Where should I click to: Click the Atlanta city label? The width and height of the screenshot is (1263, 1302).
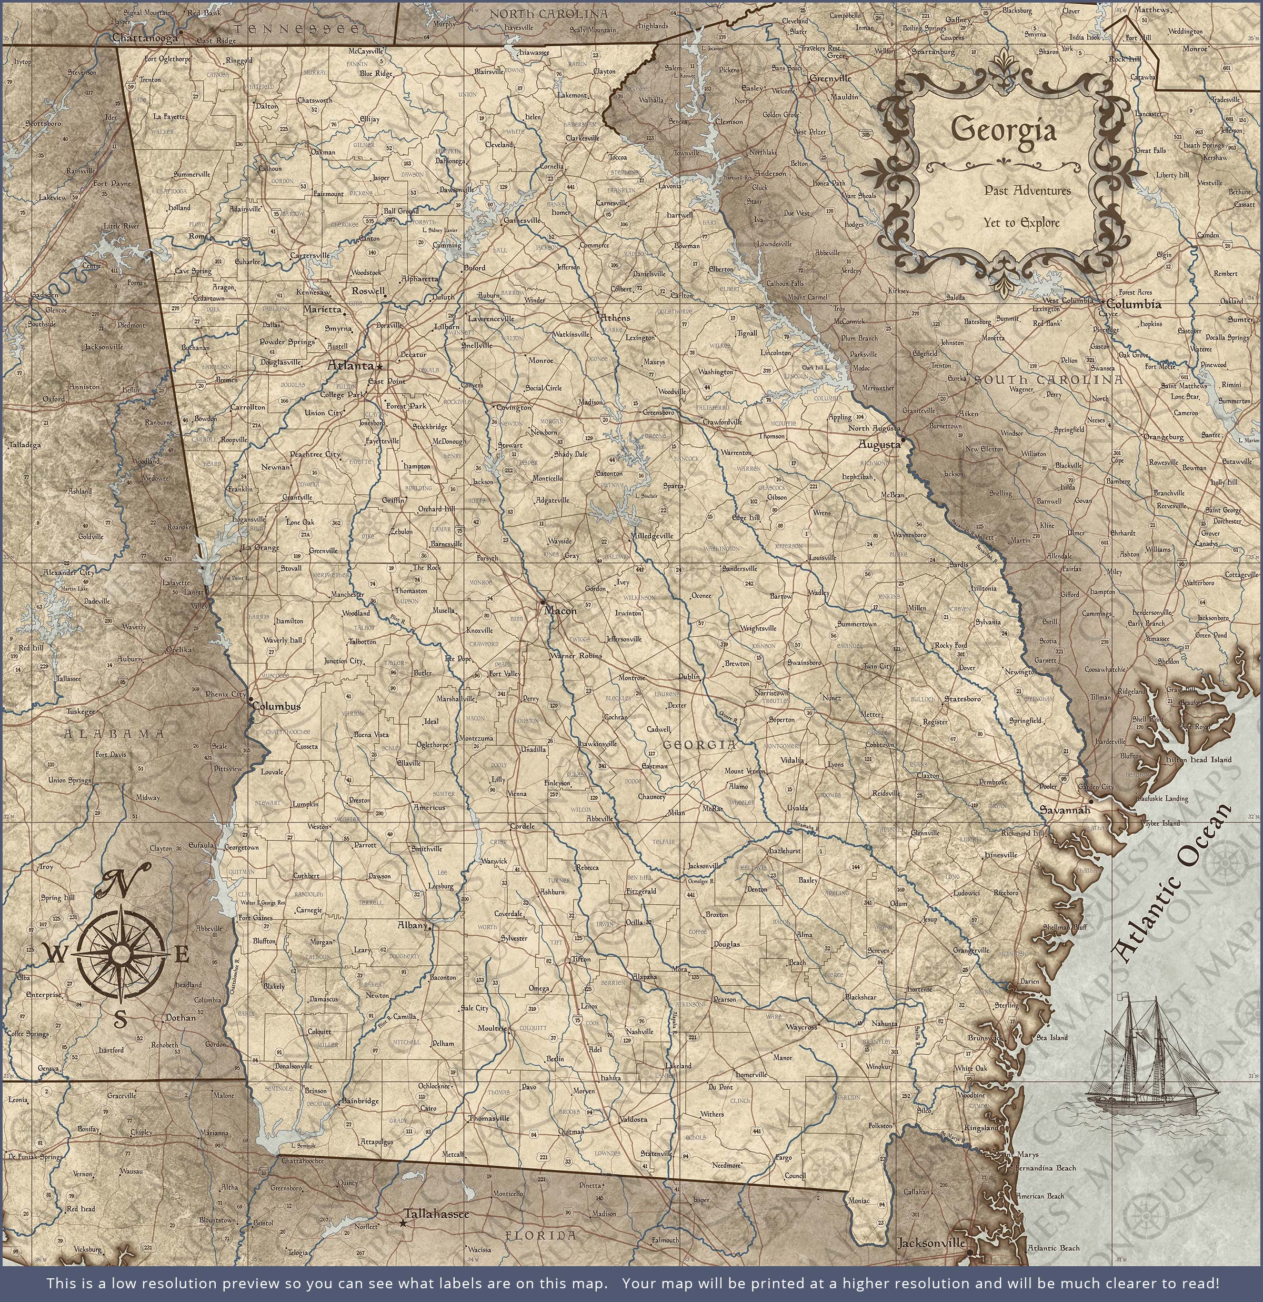pyautogui.click(x=350, y=365)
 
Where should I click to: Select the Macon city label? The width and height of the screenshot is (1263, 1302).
pyautogui.click(x=560, y=610)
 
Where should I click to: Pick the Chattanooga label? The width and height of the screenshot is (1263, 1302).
pyautogui.click(x=145, y=38)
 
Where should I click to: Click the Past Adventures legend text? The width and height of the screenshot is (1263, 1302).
pyautogui.click(x=1027, y=191)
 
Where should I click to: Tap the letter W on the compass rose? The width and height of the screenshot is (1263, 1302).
pyautogui.click(x=56, y=955)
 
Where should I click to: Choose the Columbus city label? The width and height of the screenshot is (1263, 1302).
pyautogui.click(x=276, y=706)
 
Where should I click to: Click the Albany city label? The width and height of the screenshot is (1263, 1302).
pyautogui.click(x=412, y=925)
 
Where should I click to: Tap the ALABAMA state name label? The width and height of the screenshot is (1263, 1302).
pyautogui.click(x=114, y=734)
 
